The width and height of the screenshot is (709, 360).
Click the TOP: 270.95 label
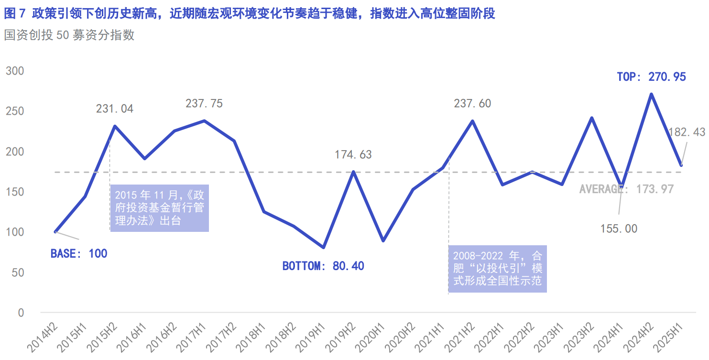(x=651, y=76)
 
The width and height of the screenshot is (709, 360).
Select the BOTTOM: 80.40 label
(x=323, y=266)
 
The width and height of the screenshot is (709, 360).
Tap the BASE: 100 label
(x=79, y=253)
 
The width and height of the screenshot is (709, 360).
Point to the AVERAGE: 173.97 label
(x=626, y=189)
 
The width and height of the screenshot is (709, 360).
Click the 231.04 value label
(x=115, y=109)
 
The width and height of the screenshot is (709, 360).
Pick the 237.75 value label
(x=204, y=104)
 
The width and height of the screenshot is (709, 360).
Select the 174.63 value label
(x=353, y=155)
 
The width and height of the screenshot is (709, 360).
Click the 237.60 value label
(x=472, y=104)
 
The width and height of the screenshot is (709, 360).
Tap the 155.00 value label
(x=619, y=229)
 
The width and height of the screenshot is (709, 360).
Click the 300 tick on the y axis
(x=15, y=71)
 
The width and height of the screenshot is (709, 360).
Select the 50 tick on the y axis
(x=18, y=273)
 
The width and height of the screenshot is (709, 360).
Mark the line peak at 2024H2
(x=651, y=94)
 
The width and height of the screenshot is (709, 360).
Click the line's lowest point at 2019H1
(x=324, y=248)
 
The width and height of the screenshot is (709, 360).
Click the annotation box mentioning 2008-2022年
(x=497, y=268)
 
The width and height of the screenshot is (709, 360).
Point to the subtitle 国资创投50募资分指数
(x=69, y=35)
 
